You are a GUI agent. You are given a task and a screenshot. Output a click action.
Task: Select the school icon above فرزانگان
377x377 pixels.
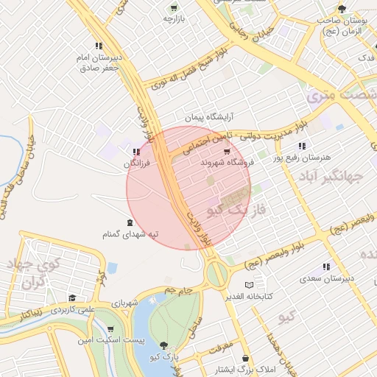tap(135, 152)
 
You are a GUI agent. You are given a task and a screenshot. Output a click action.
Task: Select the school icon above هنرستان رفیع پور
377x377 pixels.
tap(302, 146)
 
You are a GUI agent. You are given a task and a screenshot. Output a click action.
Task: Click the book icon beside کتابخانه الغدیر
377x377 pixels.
tap(248, 285)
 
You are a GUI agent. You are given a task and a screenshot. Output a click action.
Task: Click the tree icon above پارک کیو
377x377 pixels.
tap(163, 345)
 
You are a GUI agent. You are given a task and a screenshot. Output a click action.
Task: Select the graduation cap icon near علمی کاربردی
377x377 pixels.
tap(71, 298)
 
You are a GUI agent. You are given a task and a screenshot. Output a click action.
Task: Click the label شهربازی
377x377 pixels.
tap(125, 302)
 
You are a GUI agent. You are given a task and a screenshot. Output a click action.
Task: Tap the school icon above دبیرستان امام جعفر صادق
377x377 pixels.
tap(98, 46)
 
